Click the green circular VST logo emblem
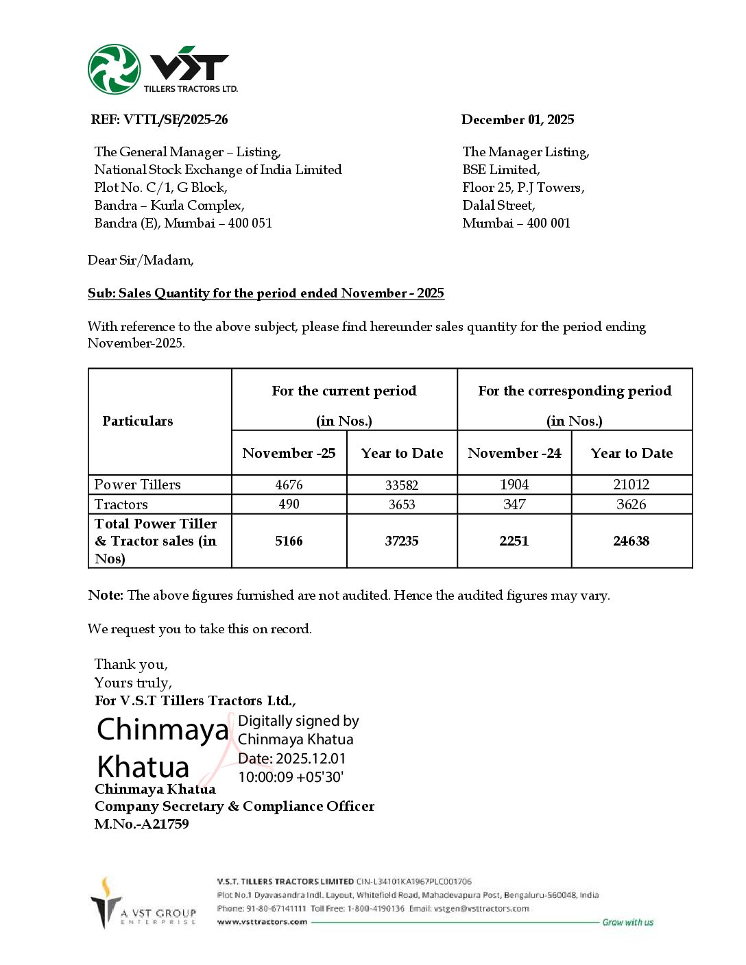[x=114, y=69]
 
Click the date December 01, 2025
[x=518, y=120]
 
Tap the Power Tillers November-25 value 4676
[x=289, y=485]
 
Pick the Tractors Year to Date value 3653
[x=402, y=504]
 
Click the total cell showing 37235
[x=402, y=541]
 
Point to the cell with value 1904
[x=514, y=485]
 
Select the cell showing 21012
[x=631, y=485]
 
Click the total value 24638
[x=631, y=541]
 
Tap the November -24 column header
[x=514, y=453]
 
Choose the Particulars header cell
[x=138, y=421]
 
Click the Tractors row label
[x=121, y=504]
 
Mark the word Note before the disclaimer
[x=105, y=595]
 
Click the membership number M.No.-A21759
[x=142, y=824]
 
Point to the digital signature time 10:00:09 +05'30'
[x=291, y=777]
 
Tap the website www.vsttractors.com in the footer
[x=262, y=922]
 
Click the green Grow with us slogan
[x=627, y=923]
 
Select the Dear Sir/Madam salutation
[x=141, y=260]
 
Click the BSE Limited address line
[x=501, y=170]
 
